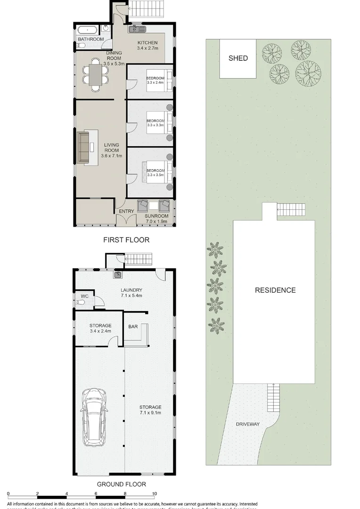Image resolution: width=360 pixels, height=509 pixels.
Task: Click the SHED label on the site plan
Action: [x=238, y=58]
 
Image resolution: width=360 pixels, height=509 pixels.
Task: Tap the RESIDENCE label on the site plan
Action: [x=275, y=290]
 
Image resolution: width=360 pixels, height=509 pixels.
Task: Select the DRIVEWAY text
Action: [x=248, y=424]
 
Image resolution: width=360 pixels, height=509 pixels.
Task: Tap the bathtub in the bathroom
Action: [x=87, y=29]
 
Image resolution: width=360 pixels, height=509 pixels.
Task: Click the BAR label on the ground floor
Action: [x=133, y=326]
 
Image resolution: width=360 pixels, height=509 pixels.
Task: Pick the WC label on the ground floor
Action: [x=85, y=296]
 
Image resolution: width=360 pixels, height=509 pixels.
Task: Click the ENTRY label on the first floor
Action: [x=126, y=212]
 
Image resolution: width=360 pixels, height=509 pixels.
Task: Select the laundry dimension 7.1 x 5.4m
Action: [x=131, y=296]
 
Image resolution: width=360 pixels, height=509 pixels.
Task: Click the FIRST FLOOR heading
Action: [x=126, y=240]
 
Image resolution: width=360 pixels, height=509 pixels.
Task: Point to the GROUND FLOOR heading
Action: [x=122, y=484]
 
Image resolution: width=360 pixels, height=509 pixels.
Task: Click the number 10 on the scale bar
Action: [x=154, y=494]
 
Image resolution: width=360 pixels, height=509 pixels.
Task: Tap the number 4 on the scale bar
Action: [x=67, y=494]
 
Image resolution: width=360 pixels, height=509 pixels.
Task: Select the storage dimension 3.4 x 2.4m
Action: [x=100, y=332]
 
